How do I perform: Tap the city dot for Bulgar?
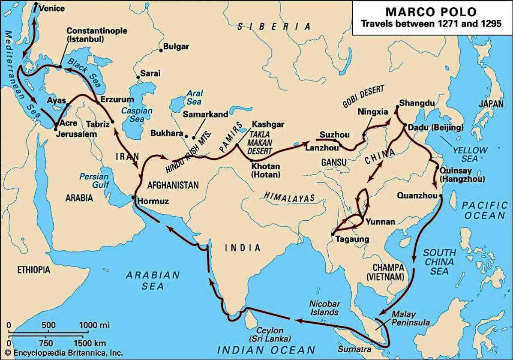click(161, 50)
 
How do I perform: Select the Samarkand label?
click(205, 114)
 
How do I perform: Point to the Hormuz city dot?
click(134, 198)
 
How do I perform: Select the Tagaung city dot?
click(333, 234)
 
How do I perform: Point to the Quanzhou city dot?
click(441, 195)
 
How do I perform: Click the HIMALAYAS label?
click(289, 197)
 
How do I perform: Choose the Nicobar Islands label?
click(324, 308)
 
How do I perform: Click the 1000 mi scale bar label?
click(95, 325)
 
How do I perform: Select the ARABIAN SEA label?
click(153, 280)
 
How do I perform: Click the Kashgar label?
click(268, 124)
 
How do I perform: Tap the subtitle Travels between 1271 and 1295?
click(431, 24)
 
